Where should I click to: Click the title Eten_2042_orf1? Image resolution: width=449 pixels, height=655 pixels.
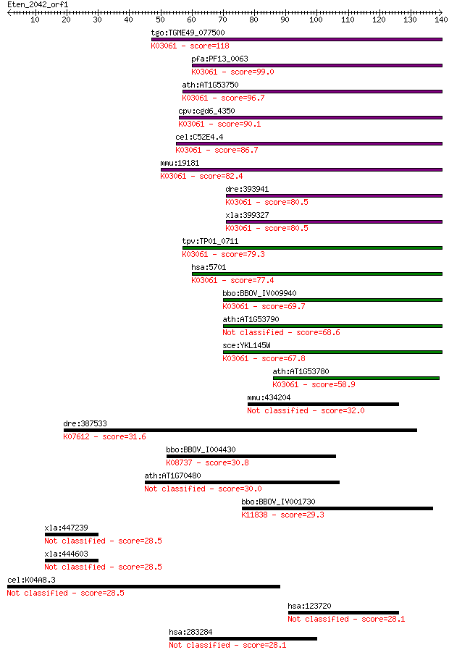pyautogui.click(x=38, y=4)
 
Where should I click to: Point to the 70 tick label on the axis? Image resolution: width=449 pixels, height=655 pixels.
pyautogui.click(x=222, y=20)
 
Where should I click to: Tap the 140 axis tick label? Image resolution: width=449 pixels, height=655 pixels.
pyautogui.click(x=441, y=20)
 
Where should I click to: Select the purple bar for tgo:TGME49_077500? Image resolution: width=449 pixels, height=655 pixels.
pyautogui.click(x=297, y=40)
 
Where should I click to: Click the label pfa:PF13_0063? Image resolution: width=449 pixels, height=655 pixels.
pyautogui.click(x=219, y=59)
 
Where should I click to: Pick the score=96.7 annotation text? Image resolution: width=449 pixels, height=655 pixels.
pyautogui.click(x=243, y=98)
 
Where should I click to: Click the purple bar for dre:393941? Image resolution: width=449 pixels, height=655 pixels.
pyautogui.click(x=334, y=196)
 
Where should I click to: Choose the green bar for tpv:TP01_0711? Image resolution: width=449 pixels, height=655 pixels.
pyautogui.click(x=312, y=248)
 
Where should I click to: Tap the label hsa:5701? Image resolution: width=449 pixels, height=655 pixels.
pyautogui.click(x=209, y=267)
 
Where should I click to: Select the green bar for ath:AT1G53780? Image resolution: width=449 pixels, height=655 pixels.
pyautogui.click(x=356, y=379)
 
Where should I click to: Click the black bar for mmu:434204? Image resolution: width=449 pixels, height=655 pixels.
pyautogui.click(x=323, y=405)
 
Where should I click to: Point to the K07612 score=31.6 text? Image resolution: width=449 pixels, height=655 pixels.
pyautogui.click(x=104, y=437)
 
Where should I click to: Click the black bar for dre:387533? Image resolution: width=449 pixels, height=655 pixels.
pyautogui.click(x=240, y=430)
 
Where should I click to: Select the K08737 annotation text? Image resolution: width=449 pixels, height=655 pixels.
pyautogui.click(x=180, y=463)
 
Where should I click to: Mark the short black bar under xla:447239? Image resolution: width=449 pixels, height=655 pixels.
pyautogui.click(x=72, y=535)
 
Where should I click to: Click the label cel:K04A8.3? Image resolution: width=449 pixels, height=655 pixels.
pyautogui.click(x=31, y=580)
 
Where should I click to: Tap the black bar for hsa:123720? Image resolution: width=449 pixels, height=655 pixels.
pyautogui.click(x=343, y=613)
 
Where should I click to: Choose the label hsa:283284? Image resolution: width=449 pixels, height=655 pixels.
pyautogui.click(x=190, y=633)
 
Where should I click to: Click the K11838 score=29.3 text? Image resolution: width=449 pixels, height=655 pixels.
pyautogui.click(x=282, y=515)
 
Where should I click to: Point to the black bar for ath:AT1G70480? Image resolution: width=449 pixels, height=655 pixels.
pyautogui.click(x=242, y=483)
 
